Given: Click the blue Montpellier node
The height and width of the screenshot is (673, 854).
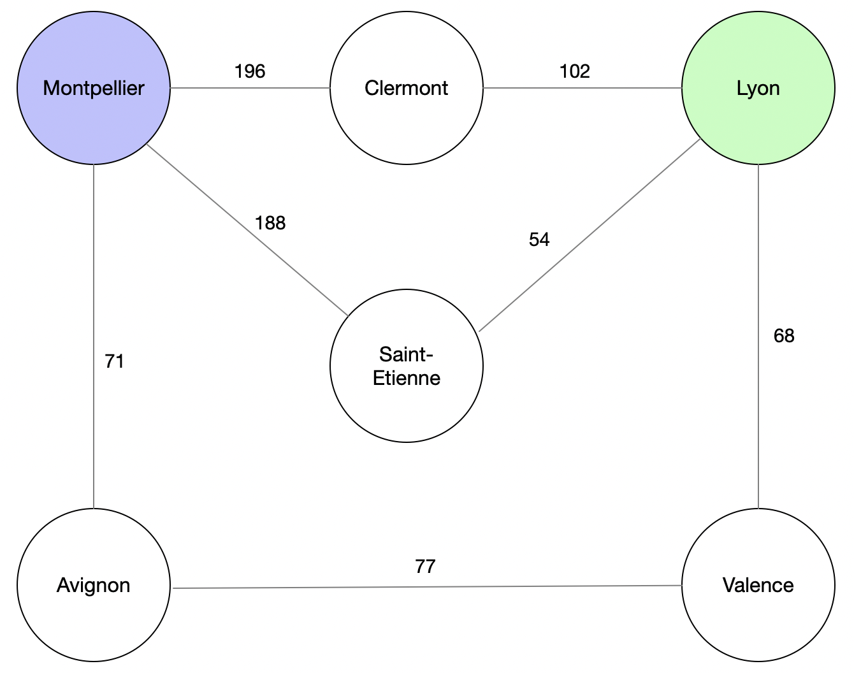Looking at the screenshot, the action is pyautogui.click(x=94, y=88).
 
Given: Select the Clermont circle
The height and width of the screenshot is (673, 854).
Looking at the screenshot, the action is pyautogui.click(x=407, y=88).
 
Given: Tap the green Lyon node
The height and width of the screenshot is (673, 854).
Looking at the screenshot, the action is pyautogui.click(x=758, y=88).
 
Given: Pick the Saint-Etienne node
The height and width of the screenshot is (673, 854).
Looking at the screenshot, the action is pyautogui.click(x=407, y=365).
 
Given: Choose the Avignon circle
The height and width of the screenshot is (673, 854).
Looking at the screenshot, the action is pyautogui.click(x=94, y=585).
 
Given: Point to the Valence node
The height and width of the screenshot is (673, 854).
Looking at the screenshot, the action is pyautogui.click(x=758, y=585).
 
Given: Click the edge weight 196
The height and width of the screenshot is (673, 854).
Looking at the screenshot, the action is pyautogui.click(x=250, y=71).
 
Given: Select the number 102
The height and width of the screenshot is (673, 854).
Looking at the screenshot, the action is pyautogui.click(x=575, y=71).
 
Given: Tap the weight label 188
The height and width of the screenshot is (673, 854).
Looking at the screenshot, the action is pyautogui.click(x=270, y=223).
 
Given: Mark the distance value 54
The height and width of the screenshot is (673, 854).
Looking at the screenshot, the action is pyautogui.click(x=539, y=240).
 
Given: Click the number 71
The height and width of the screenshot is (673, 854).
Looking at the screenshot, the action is pyautogui.click(x=114, y=361).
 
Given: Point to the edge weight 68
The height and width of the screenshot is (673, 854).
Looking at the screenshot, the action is pyautogui.click(x=784, y=336).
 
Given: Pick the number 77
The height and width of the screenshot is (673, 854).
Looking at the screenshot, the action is pyautogui.click(x=426, y=567).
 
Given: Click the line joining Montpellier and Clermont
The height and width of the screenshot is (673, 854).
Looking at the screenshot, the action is pyautogui.click(x=250, y=88).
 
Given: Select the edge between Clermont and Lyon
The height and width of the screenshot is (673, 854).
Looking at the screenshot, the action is pyautogui.click(x=582, y=88).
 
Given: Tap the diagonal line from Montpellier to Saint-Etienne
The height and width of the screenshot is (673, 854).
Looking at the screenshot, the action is pyautogui.click(x=247, y=230).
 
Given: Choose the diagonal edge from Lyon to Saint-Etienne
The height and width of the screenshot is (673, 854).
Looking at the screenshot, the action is pyautogui.click(x=590, y=235).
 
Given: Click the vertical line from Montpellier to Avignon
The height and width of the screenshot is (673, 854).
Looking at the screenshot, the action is pyautogui.click(x=94, y=336).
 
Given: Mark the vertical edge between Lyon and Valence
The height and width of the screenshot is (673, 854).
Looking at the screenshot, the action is pyautogui.click(x=758, y=336).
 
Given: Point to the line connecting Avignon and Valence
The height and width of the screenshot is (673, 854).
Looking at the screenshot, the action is pyautogui.click(x=428, y=586).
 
